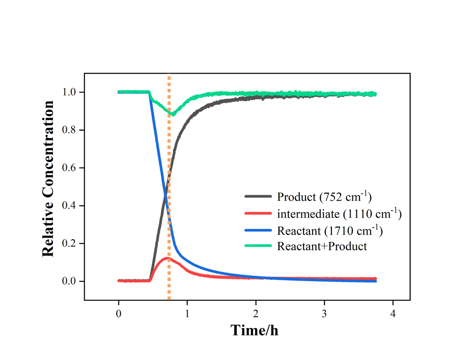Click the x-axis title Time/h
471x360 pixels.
click(254, 330)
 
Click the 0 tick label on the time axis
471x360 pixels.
click(119, 313)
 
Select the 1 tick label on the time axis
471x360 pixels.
click(187, 313)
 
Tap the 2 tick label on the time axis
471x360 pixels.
click(256, 313)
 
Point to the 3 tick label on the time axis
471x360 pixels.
click(324, 313)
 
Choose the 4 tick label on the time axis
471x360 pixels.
click(393, 313)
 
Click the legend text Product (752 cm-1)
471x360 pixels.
click(324, 197)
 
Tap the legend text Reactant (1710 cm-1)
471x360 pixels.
click(330, 230)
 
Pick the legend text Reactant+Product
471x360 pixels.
click(322, 246)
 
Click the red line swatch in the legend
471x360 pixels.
click(258, 214)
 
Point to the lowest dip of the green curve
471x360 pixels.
click(173, 114)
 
